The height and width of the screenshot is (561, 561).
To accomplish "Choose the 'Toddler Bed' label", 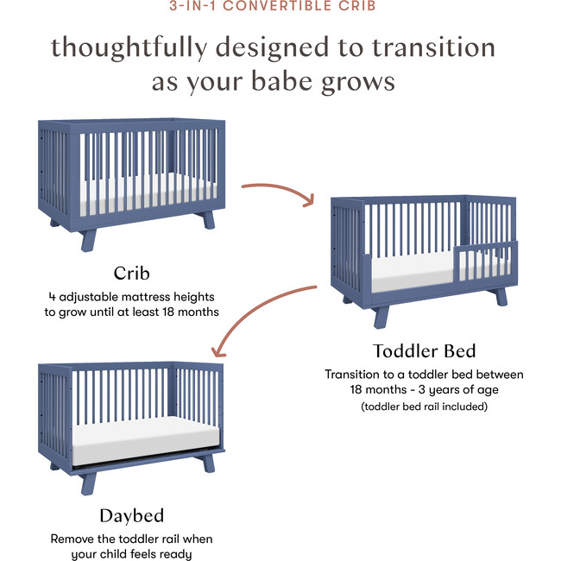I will coord(424,351).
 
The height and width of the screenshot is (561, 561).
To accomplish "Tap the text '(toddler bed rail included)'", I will coord(424,406).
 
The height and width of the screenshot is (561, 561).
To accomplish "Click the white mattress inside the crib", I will coord(129,192).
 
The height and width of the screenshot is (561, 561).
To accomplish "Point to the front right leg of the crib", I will coord(208,219).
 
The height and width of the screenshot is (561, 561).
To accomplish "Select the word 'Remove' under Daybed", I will coord(72,539).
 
